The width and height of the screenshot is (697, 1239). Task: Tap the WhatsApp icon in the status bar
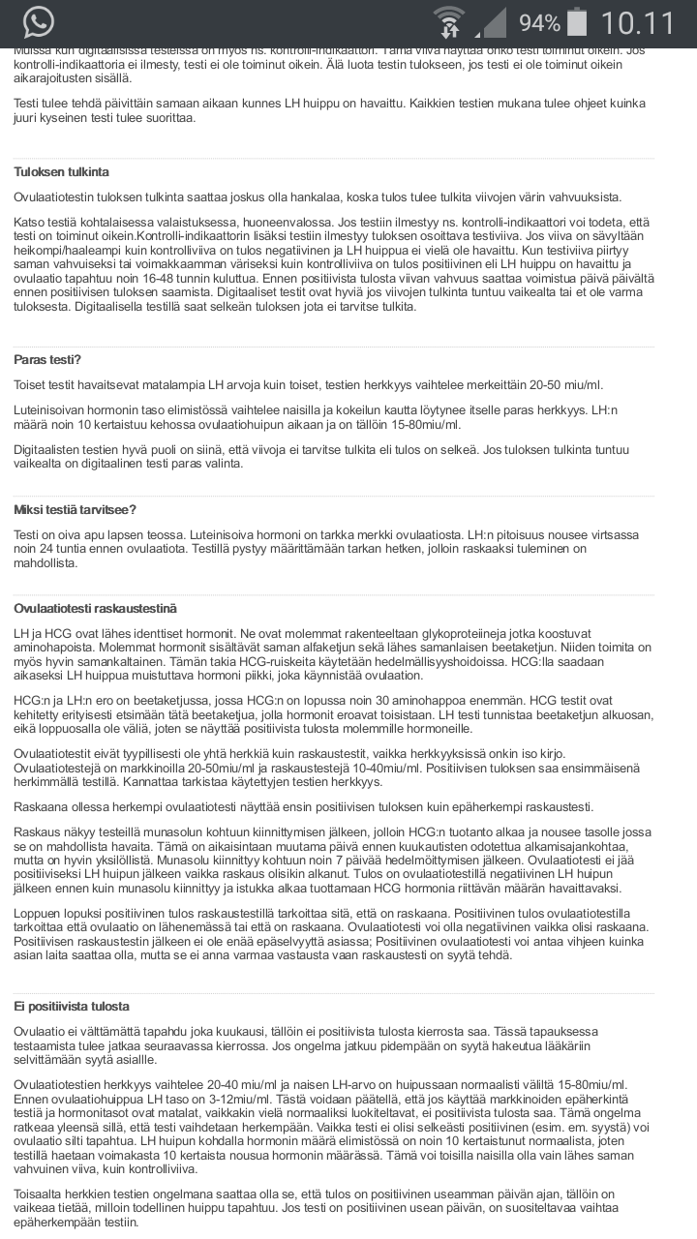(39, 22)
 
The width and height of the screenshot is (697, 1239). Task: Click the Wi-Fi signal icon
(448, 23)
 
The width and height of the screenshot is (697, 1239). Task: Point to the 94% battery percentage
(539, 23)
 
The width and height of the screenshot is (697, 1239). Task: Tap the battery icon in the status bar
(578, 22)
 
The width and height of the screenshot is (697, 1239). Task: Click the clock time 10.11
(638, 23)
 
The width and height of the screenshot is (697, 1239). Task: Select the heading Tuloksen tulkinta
(61, 171)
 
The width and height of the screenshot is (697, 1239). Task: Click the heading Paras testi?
(47, 359)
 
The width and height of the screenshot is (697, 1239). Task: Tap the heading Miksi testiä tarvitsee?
(75, 510)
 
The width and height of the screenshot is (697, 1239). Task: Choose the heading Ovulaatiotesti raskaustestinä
(95, 608)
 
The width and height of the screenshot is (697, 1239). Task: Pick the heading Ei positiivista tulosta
(72, 1006)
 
